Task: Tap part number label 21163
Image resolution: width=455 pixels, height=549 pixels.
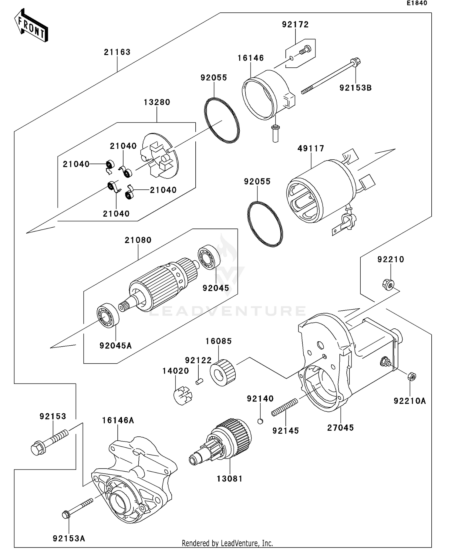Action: [117, 52]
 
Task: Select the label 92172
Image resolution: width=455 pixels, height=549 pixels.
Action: [295, 25]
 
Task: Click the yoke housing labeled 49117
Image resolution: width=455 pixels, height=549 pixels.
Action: [318, 191]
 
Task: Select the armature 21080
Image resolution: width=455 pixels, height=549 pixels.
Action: [161, 285]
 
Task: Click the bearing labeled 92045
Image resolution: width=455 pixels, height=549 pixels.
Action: [209, 257]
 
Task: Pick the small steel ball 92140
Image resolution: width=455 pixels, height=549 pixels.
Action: [260, 421]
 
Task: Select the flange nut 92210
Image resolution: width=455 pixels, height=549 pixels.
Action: [388, 284]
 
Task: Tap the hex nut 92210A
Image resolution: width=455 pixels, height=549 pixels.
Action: [412, 376]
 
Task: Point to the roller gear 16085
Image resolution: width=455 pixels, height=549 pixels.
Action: [223, 373]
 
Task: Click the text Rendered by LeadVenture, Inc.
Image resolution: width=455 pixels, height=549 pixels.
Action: [227, 543]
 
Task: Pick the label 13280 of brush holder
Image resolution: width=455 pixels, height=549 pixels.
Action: [157, 102]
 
